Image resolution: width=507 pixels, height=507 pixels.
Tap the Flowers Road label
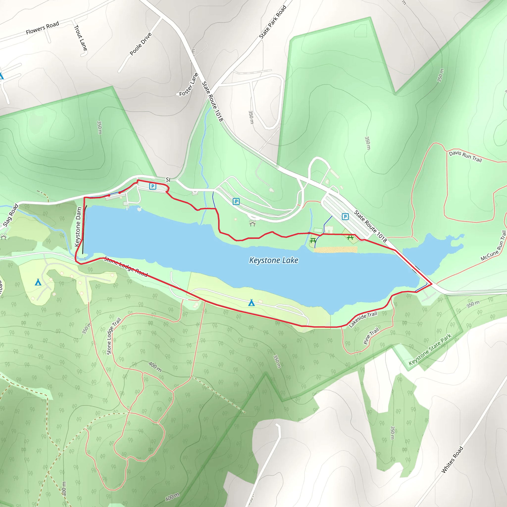tap(42, 28)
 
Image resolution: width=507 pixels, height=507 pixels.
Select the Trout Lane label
tap(80, 38)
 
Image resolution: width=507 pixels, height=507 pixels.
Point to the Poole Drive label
tap(141, 44)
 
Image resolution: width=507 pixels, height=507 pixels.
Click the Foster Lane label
tap(188, 85)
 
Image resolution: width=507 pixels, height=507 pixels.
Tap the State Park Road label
tap(272, 22)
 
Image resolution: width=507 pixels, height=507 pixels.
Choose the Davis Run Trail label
tap(465, 156)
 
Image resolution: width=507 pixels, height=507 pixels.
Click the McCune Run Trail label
tap(493, 246)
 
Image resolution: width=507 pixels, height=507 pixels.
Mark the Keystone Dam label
tap(78, 227)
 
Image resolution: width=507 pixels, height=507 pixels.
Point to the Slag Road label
tap(10, 215)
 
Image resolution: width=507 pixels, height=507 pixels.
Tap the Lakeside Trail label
tap(363, 319)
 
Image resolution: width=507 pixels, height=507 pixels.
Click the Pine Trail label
tap(371, 336)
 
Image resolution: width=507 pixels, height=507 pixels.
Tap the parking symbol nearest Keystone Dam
tap(152, 186)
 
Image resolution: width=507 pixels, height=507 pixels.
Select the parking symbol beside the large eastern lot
tap(345, 217)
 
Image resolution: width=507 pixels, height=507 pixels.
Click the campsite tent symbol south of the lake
tap(252, 303)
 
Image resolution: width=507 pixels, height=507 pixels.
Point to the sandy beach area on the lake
tap(335, 249)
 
